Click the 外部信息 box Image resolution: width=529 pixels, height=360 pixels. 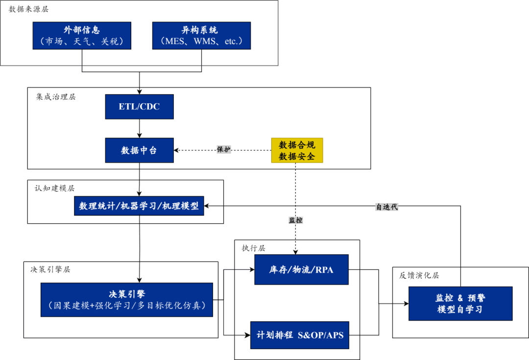coord(82,35)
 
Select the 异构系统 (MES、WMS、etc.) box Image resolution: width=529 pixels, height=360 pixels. coord(201,35)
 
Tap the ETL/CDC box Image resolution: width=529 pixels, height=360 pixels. coord(139,106)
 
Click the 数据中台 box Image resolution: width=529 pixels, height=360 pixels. coord(139,150)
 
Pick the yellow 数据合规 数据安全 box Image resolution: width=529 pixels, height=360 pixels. coord(297,150)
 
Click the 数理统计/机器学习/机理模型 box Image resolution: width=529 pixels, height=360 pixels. coord(139,206)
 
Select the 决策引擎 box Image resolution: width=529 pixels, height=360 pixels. coord(127,299)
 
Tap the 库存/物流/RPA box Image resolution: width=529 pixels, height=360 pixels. coord(301,269)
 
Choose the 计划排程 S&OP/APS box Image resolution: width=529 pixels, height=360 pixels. coord(300,335)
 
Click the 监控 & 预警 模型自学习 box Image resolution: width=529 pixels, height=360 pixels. coord(460,303)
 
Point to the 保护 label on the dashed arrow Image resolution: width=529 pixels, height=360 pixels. coord(223,150)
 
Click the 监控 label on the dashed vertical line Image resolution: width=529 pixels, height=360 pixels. coord(295,220)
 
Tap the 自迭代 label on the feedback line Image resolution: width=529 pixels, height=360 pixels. coord(386,207)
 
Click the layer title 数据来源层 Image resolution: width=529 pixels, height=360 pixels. coord(28,9)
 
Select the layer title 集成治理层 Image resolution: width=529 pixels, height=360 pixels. coord(56,96)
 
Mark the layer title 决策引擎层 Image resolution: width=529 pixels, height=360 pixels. coord(50,269)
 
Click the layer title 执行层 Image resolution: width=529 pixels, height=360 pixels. coord(253,248)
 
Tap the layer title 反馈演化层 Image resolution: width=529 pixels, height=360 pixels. coord(419,275)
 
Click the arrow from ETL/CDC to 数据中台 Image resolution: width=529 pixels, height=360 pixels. coord(140,128)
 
